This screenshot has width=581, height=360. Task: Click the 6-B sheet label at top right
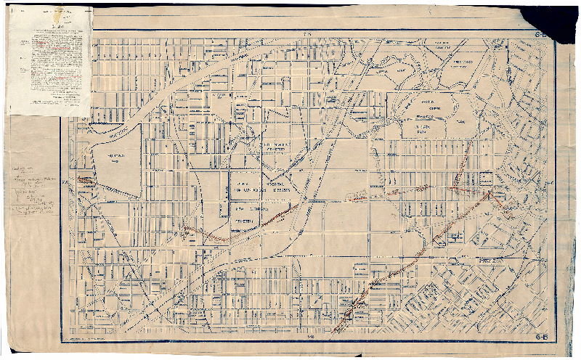[x=541, y=34]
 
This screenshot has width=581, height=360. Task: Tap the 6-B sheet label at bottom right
[x=541, y=337]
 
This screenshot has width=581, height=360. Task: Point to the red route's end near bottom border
[x=333, y=331]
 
